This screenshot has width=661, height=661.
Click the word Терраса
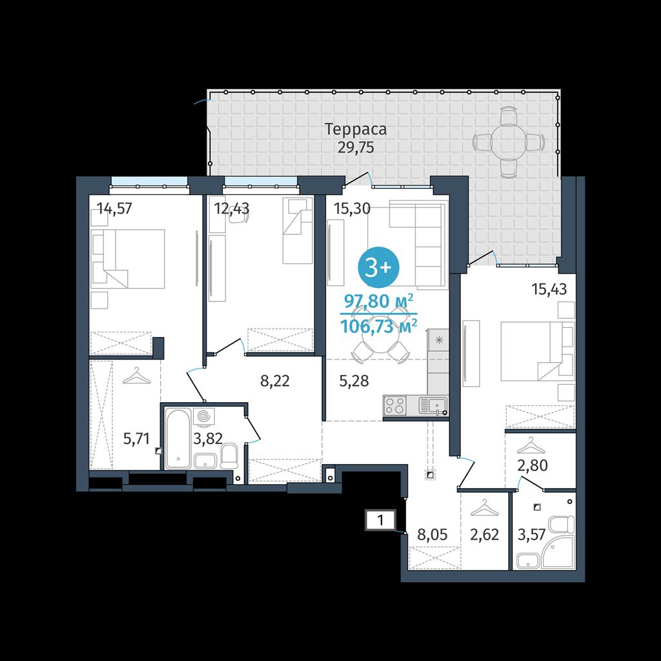pos(356,129)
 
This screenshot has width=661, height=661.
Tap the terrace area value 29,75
pos(356,148)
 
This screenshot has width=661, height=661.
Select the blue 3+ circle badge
pos(378,267)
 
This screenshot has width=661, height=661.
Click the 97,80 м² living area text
pos(378,301)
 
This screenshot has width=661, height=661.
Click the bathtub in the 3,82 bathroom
pos(178,438)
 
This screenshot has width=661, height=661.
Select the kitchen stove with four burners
pos(395,406)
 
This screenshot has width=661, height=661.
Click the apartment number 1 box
pos(380,520)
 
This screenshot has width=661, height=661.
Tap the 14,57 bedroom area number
pos(114,208)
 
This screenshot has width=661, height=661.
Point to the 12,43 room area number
pos(232,208)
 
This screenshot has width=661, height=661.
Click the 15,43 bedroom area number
pos(549,289)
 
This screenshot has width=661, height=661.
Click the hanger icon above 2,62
pos(484,508)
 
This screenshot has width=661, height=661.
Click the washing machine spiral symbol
pos(203,416)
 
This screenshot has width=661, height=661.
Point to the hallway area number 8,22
pos(275,381)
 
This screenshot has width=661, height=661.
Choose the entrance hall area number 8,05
pos(432,534)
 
